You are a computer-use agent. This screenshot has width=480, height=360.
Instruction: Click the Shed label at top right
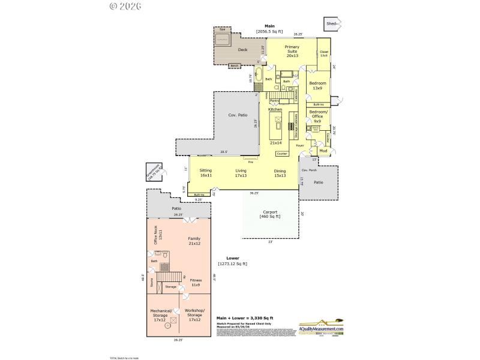(331, 23)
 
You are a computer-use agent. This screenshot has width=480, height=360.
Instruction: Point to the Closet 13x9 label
(324, 53)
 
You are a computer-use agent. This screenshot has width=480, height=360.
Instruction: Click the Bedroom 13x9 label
(317, 85)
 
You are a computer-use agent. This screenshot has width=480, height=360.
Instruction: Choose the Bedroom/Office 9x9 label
(317, 116)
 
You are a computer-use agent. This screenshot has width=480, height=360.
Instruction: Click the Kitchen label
(275, 110)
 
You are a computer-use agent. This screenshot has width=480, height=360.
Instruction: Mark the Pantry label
(273, 100)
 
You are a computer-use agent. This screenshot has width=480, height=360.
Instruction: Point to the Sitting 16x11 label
(206, 173)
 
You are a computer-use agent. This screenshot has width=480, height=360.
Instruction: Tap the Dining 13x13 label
(280, 173)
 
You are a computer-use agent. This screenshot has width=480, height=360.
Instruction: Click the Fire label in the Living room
(250, 162)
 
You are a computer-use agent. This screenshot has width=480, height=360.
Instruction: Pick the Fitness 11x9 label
(196, 282)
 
